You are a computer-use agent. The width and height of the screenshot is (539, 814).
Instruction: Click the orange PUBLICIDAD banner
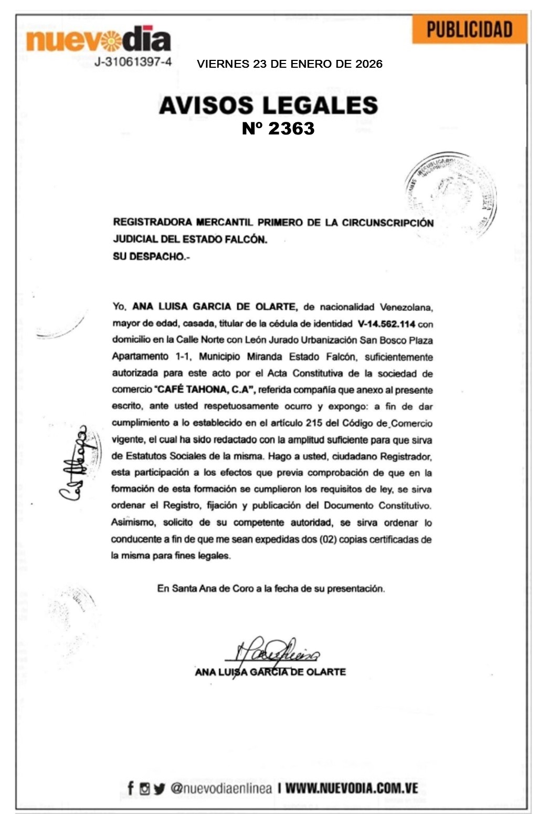pyautogui.click(x=469, y=29)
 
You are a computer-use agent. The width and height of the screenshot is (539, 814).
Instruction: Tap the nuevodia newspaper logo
pyautogui.click(x=99, y=39)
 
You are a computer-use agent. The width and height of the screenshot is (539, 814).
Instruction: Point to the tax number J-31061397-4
pyautogui.click(x=133, y=62)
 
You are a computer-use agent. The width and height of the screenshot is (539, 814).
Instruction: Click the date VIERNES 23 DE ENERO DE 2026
pyautogui.click(x=289, y=64)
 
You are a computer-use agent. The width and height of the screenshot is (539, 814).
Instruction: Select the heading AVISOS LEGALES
pyautogui.click(x=268, y=105)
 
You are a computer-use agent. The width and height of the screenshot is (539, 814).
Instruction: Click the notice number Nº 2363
pyautogui.click(x=278, y=129)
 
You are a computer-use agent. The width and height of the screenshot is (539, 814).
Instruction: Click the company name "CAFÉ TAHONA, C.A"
pyautogui.click(x=204, y=390)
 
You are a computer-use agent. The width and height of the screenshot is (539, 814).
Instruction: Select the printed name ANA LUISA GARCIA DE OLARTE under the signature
pyautogui.click(x=270, y=672)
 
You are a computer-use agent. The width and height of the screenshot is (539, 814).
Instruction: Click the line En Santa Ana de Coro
pyautogui.click(x=271, y=589)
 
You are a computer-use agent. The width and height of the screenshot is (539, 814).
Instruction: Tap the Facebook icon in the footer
pyautogui.click(x=131, y=788)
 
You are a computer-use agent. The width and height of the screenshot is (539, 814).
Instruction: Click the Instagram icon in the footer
pyautogui.click(x=145, y=788)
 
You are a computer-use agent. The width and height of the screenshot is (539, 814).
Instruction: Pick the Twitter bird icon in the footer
pyautogui.click(x=159, y=788)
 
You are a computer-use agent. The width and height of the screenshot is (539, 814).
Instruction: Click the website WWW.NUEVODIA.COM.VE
pyautogui.click(x=352, y=788)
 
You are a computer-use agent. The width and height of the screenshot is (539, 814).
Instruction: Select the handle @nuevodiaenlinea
pyautogui.click(x=221, y=788)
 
